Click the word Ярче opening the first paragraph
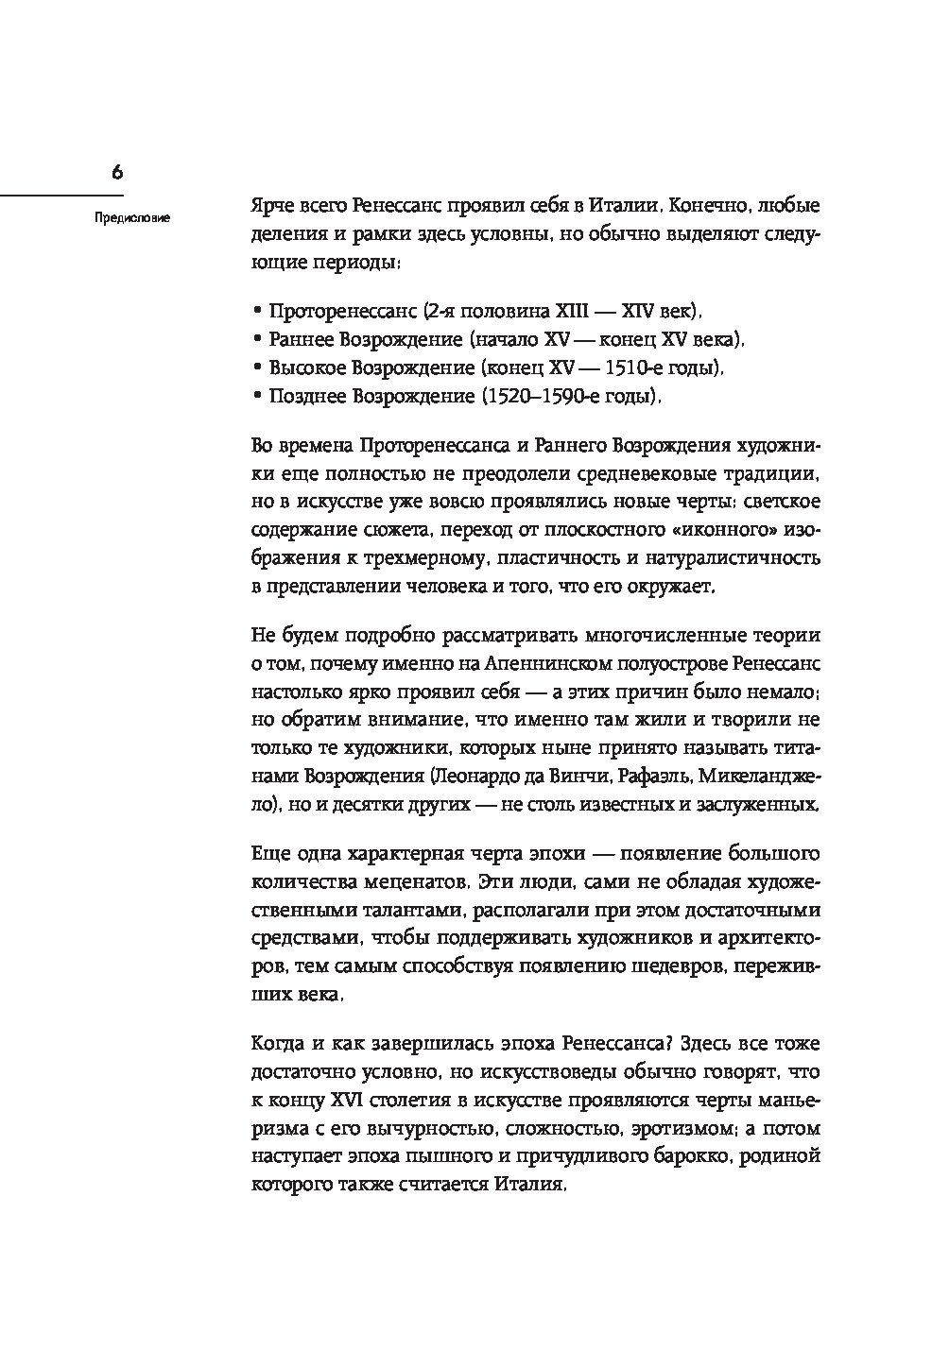coord(271,205)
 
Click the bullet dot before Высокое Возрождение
coord(257,368)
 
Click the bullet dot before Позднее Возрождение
coord(257,398)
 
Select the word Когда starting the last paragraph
coord(278,1044)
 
